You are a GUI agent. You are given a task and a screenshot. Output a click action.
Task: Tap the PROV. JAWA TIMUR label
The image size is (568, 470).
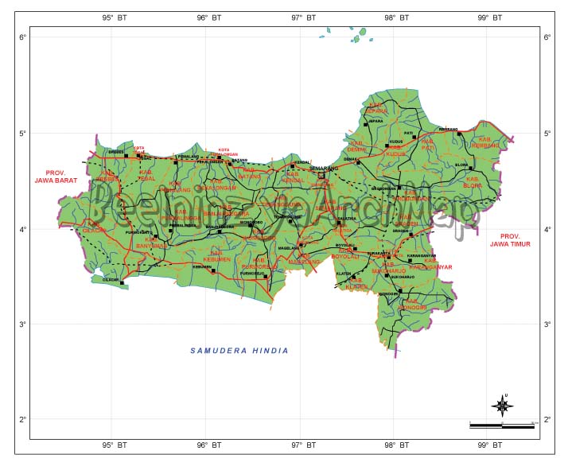pyautogui.click(x=515, y=240)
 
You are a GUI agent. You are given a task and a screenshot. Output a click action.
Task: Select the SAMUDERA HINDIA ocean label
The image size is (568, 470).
pyautogui.click(x=239, y=351)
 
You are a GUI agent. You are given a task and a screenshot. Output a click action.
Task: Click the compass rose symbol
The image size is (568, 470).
pyautogui.click(x=502, y=406)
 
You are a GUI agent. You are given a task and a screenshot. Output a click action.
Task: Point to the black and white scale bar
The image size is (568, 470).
pyautogui.click(x=501, y=426)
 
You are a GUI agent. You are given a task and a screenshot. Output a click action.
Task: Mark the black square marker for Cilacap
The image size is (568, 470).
pyautogui.click(x=122, y=283)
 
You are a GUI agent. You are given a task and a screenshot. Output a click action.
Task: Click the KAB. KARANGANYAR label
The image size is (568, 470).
pyautogui.click(x=438, y=264)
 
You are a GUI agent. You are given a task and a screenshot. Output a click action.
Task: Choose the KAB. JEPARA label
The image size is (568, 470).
pyautogui.click(x=377, y=108)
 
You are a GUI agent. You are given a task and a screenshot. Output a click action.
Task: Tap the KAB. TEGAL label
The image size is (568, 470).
pyautogui.click(x=146, y=175)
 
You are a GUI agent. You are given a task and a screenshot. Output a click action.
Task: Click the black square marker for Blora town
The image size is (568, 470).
pyautogui.click(x=470, y=168)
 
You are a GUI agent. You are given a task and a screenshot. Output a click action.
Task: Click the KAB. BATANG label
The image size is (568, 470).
pyautogui.click(x=251, y=172)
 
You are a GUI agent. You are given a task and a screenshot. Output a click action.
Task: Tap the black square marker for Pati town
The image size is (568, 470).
pyautogui.click(x=414, y=138)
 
